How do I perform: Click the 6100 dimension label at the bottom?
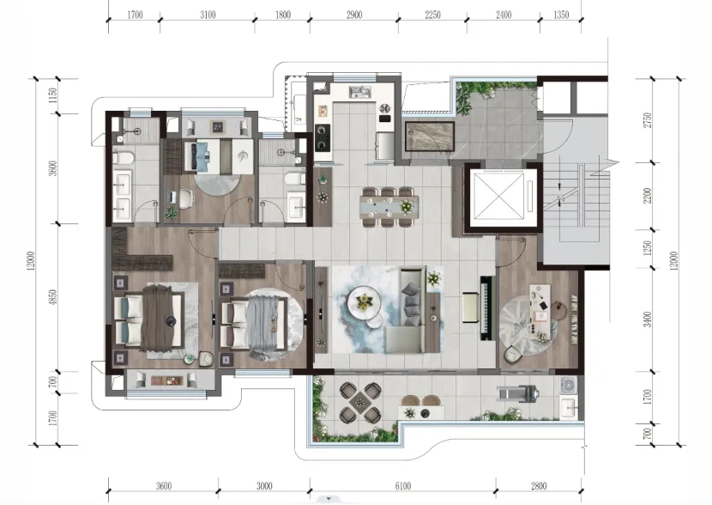click(403, 486)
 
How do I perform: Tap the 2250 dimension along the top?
click(432, 15)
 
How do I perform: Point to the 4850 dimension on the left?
click(53, 297)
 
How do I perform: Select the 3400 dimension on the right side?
click(648, 319)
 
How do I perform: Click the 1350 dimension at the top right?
click(561, 15)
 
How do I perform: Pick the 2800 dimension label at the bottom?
click(539, 486)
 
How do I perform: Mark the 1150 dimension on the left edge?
click(53, 95)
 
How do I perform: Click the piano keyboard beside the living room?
click(486, 307)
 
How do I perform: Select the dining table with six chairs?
click(389, 207)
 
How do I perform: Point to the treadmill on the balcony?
click(518, 393)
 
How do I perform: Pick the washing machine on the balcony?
click(568, 386)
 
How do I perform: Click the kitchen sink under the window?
click(360, 92)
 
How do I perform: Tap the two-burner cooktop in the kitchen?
click(322, 138)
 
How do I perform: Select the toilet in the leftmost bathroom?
click(123, 158)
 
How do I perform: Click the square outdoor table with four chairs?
click(360, 402)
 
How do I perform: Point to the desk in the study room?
click(543, 313)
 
